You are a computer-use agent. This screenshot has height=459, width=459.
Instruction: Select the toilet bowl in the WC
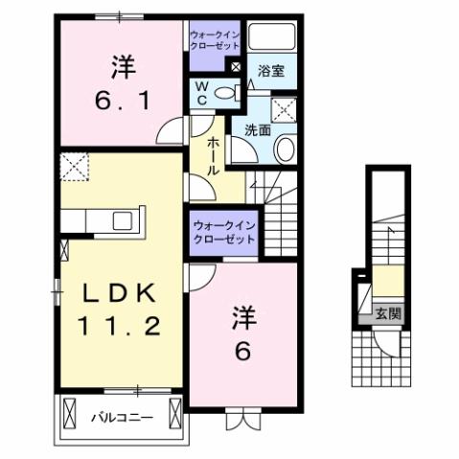coord(227,93)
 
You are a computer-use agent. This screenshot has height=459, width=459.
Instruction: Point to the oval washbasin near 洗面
coord(285,149)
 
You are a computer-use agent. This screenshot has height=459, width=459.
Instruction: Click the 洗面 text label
coord(256,130)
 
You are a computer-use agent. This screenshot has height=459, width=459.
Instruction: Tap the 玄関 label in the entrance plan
coord(387,311)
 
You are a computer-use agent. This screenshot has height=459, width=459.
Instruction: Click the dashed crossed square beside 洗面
coord(285,108)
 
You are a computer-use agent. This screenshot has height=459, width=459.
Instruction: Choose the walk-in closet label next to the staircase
coord(223,231)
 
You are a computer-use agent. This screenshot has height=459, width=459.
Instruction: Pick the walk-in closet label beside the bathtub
coord(216,42)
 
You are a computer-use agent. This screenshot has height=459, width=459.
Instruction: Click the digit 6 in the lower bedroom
coord(241,351)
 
